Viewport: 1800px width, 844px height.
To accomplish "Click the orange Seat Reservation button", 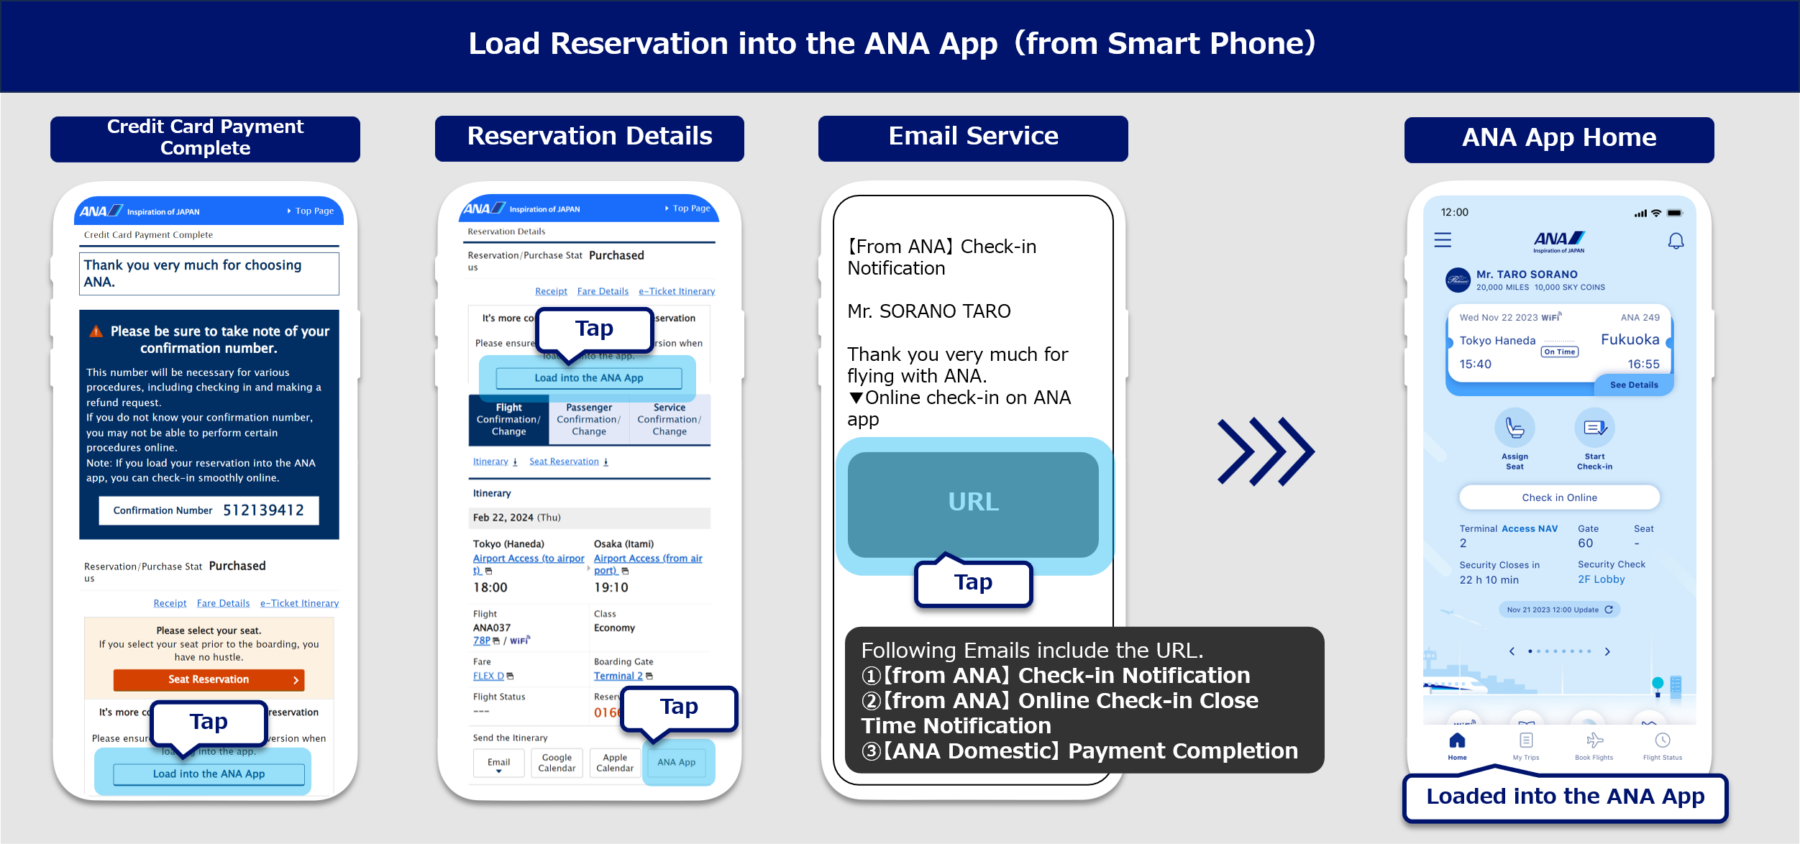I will [209, 679].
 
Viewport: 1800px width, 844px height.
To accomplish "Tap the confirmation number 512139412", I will [263, 510].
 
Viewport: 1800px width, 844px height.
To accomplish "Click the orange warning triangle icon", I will [96, 331].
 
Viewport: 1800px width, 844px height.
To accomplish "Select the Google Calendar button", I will [557, 763].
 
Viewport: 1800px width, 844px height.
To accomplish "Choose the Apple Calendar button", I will [615, 763].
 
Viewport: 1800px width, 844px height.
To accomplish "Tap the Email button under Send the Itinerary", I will [498, 763].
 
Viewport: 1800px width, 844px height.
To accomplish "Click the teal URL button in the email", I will [973, 503].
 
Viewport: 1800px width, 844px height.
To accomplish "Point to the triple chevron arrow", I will [1266, 451].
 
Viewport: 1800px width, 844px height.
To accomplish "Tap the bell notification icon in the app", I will [1676, 241].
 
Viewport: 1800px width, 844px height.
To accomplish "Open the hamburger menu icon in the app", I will [1443, 240].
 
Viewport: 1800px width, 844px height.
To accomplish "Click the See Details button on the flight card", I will [1634, 385].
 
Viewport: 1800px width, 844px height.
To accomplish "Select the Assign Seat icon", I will [1515, 429].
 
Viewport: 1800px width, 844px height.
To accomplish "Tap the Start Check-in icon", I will [1594, 429].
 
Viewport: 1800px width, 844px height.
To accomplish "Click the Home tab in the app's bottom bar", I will [1457, 746].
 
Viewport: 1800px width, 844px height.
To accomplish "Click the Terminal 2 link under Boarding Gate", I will [618, 676].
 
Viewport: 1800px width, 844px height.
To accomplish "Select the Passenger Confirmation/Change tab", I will [588, 419].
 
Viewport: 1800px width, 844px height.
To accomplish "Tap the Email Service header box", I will [973, 137].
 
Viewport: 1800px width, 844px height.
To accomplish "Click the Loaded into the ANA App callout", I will [1565, 797].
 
